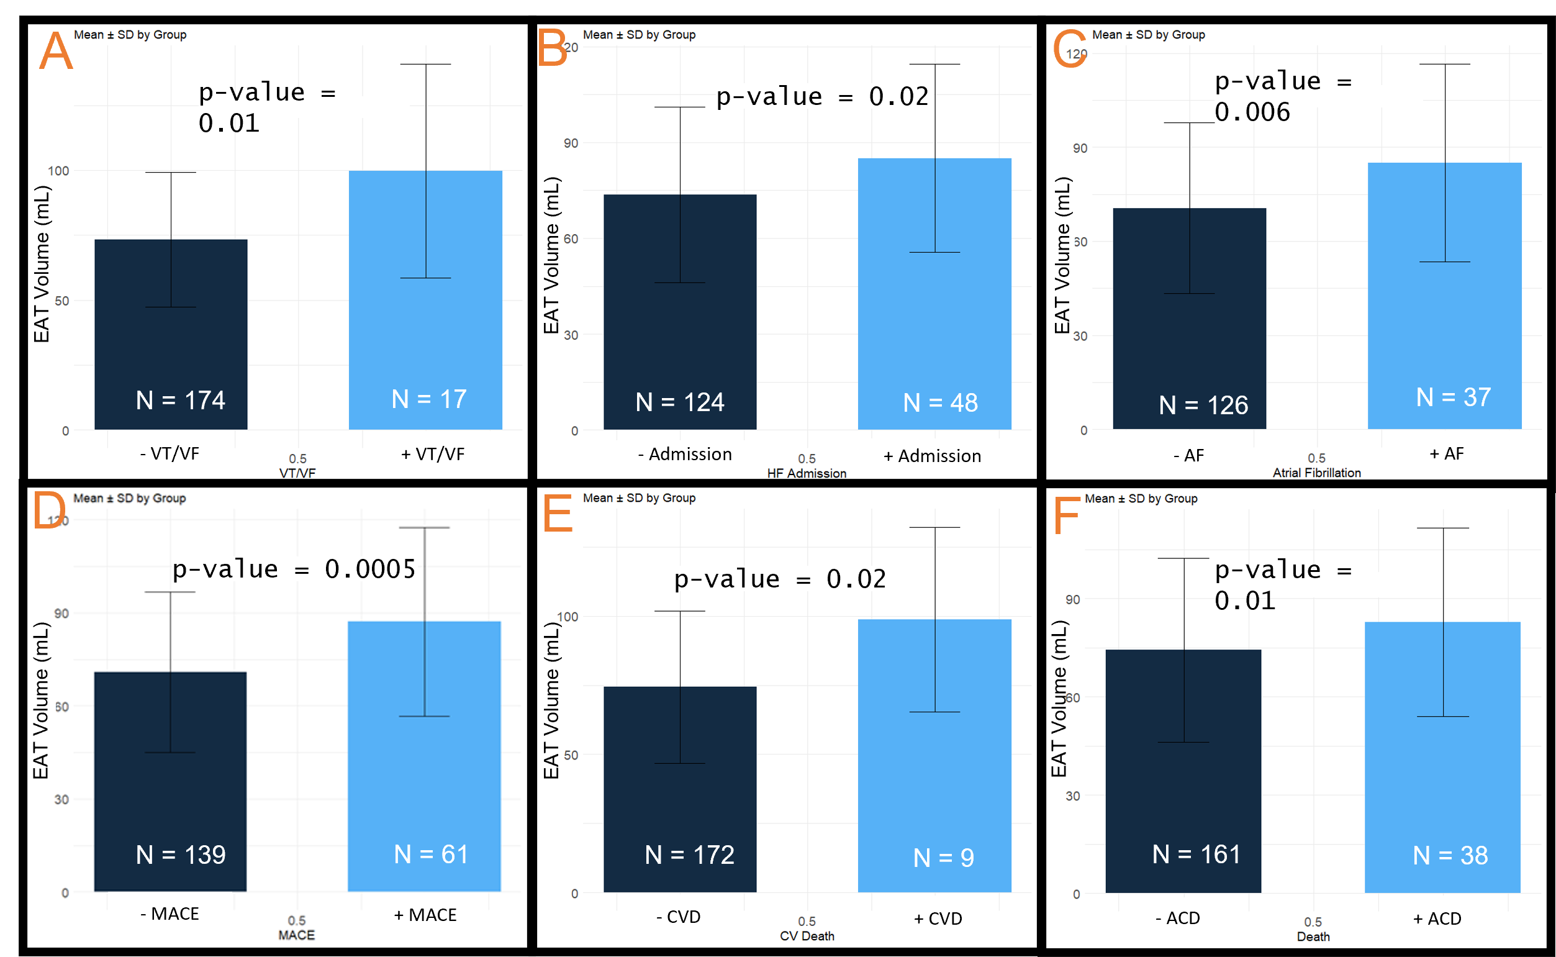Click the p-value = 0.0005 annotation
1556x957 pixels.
[x=294, y=569]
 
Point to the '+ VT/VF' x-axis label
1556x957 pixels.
[x=433, y=454]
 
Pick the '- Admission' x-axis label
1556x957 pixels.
[x=685, y=454]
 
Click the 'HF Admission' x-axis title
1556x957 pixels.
[x=807, y=473]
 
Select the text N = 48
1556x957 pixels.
[x=940, y=402]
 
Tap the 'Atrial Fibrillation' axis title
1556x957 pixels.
[x=1317, y=472]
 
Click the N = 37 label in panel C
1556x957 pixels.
[x=1454, y=397]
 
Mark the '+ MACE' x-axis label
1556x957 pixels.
[x=425, y=915]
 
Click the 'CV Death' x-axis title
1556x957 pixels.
[x=807, y=935]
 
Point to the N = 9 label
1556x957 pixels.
[x=943, y=858]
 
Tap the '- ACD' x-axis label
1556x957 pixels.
[x=1178, y=918]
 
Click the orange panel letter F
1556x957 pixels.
[x=1066, y=515]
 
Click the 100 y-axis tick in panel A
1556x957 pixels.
[x=58, y=171]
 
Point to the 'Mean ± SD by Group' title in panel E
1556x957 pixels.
[x=639, y=498]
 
